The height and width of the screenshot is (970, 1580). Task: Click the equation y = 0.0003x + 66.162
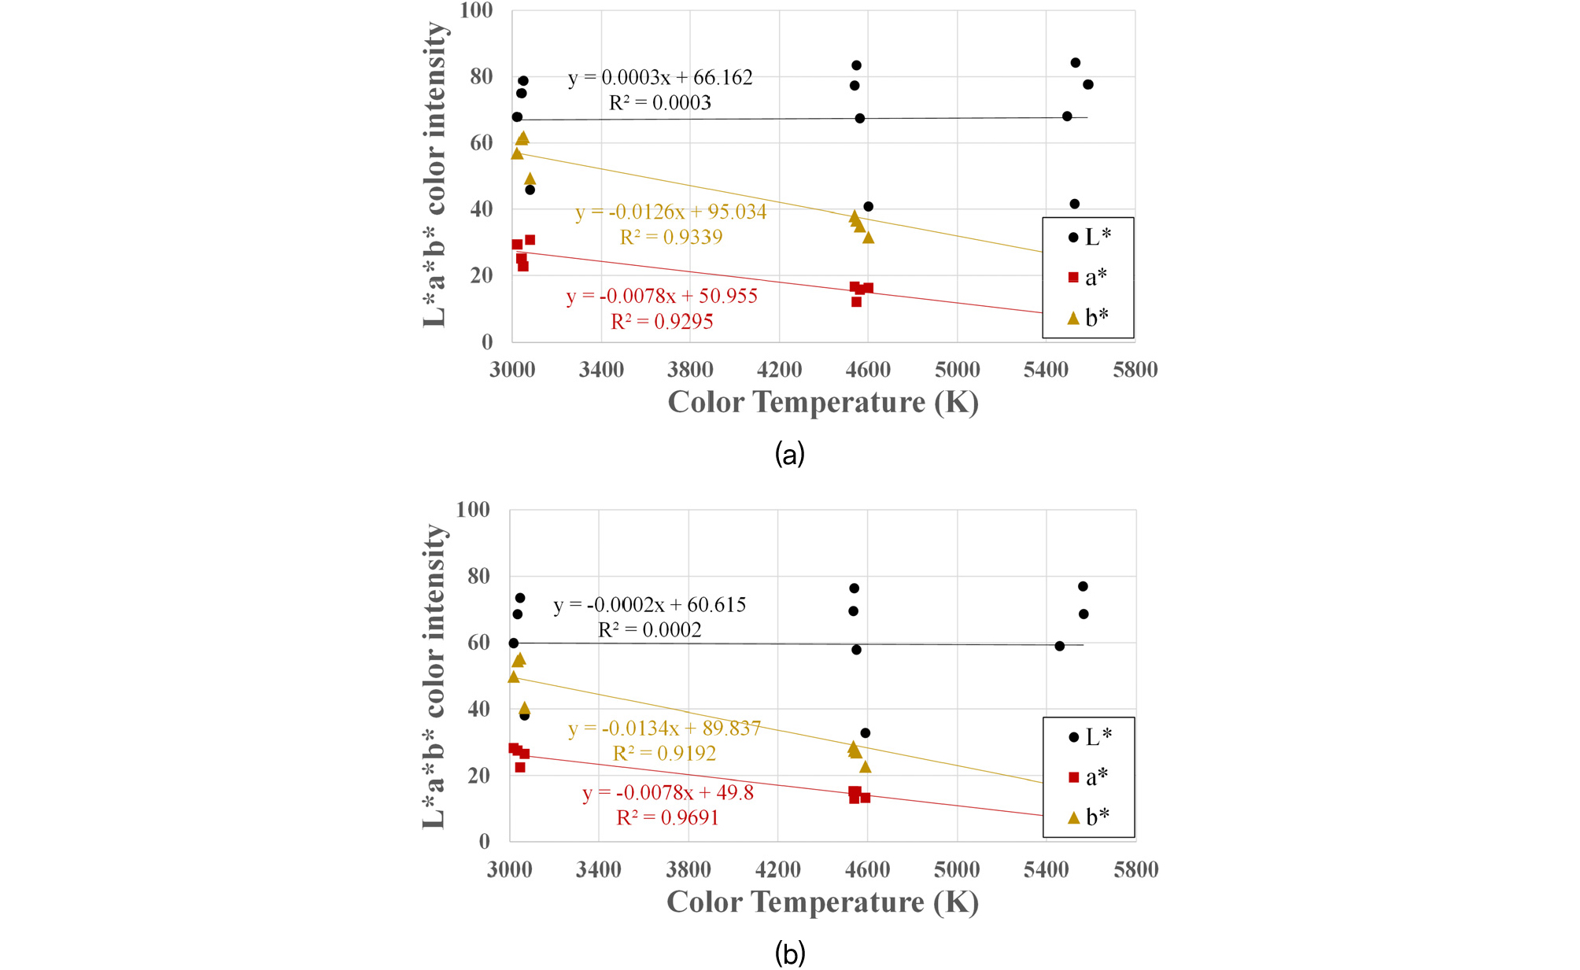click(660, 78)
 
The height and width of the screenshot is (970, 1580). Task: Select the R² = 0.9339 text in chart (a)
click(670, 238)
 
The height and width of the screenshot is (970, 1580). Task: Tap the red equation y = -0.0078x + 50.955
click(662, 297)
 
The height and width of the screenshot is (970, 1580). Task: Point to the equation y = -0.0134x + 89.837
click(664, 728)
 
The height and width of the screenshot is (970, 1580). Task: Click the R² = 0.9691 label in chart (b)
click(667, 818)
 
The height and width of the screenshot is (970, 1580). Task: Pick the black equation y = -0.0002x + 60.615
click(649, 605)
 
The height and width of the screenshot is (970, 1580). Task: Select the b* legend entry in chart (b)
click(1089, 817)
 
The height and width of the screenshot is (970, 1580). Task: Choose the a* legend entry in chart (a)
click(1089, 277)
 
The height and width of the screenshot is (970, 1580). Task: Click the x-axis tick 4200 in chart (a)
click(779, 370)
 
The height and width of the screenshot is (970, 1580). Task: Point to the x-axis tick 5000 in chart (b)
click(957, 870)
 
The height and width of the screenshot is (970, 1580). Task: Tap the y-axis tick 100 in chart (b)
click(473, 510)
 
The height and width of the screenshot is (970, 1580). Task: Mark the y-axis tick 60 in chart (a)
click(481, 143)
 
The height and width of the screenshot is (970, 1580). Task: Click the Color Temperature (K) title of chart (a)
click(823, 403)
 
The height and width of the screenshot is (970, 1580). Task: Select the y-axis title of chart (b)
click(434, 677)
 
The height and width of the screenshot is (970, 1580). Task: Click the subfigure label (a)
click(789, 454)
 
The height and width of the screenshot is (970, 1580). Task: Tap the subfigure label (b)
click(789, 953)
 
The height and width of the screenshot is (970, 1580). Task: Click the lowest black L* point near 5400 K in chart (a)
click(1074, 205)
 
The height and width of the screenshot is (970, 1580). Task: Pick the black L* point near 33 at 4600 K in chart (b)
click(866, 733)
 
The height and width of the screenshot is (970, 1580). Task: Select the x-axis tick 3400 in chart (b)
click(599, 870)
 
